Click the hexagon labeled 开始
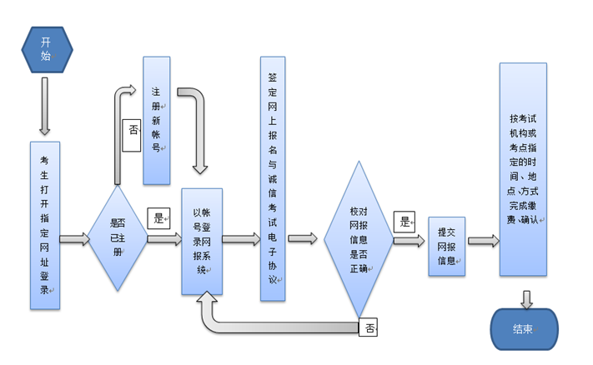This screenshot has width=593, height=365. coord(45,49)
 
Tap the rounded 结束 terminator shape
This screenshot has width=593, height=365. coord(523,328)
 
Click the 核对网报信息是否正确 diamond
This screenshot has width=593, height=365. coord(358,239)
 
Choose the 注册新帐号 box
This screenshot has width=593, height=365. coord(156,121)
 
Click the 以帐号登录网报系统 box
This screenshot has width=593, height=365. coord(202,241)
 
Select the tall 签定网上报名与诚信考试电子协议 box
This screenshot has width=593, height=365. coord(272,178)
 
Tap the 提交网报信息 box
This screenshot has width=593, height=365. coord(446,247)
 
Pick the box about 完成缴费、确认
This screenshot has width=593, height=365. coord(523,169)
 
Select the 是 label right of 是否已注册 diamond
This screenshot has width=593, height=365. coord(158,219)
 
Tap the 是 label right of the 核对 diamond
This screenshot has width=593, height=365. coord(405,222)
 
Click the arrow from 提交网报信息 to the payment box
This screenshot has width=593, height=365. coord(483,241)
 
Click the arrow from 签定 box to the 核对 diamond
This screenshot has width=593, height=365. coord(303,239)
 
